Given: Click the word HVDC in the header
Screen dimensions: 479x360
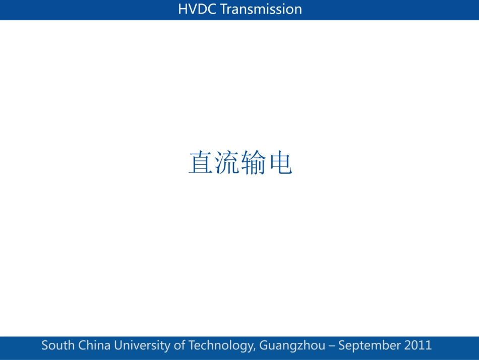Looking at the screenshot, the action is coord(197,9).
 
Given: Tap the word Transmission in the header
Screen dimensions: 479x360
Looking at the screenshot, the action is coord(261,9).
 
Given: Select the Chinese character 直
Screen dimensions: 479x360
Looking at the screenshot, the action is coord(200,162).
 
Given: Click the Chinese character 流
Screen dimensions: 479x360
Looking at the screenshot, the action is coord(227,162).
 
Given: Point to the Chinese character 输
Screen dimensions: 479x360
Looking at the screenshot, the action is coord(253,162).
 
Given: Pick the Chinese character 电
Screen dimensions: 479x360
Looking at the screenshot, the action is coord(281,162).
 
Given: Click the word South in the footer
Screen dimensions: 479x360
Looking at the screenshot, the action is coord(58,345).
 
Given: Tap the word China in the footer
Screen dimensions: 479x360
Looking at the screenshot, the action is coord(94,345).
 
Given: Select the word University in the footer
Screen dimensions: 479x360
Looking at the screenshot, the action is coord(142,346).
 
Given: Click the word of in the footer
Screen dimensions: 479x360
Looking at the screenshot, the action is coord(179,345).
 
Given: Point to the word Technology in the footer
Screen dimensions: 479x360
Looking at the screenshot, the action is coord(221,346).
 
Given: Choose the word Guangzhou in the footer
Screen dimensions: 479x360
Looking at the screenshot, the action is coord(292,346).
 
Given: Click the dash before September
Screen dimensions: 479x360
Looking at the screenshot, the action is coord(332,346).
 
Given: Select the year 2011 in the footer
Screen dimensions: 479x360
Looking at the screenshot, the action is coord(418,345).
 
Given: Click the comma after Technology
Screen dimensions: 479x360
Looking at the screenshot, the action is coord(255,350).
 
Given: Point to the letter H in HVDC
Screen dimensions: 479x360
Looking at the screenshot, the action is coord(183,9).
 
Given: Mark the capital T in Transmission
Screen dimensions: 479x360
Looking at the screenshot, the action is coord(224,9).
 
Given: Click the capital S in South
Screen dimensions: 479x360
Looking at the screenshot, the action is coord(45,345).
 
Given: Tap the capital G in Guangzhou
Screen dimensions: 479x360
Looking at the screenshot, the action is coord(264,345).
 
